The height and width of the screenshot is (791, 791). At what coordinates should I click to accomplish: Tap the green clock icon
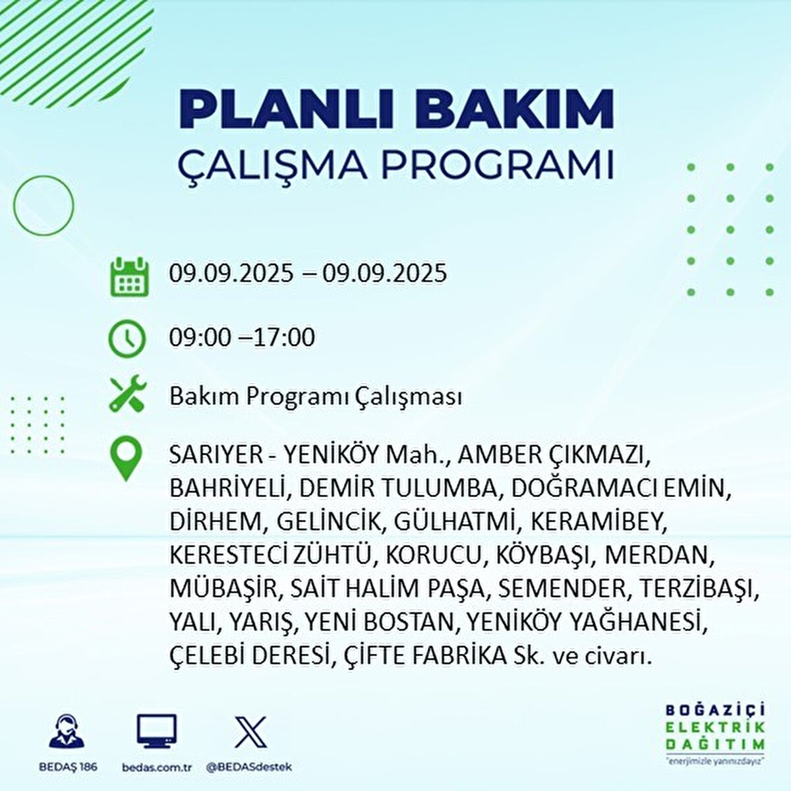tap(127, 339)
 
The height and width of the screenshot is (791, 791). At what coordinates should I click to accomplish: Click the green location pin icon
tap(126, 459)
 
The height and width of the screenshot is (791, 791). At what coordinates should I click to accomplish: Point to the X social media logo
tap(250, 732)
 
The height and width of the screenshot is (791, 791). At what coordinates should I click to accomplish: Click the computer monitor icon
tap(157, 732)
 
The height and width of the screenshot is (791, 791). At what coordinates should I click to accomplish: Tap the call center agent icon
tap(67, 732)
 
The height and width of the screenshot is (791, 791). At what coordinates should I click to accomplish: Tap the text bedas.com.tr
tap(157, 767)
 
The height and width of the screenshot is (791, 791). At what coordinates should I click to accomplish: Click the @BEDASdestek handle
tap(249, 767)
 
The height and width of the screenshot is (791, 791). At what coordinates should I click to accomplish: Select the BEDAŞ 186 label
tap(67, 767)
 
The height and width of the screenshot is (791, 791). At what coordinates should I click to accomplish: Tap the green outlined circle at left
tap(44, 206)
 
